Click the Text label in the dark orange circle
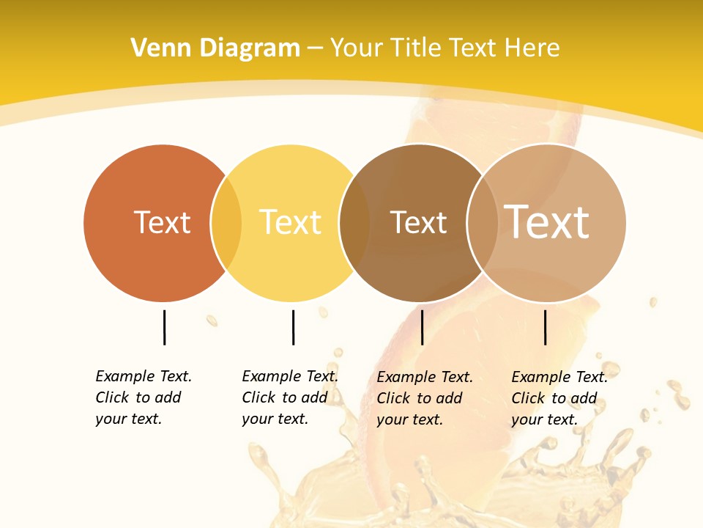pos(162,222)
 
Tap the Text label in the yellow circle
pos(290,222)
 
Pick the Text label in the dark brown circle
pos(418,223)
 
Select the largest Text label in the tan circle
pos(546,221)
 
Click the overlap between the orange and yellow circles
pos(226,223)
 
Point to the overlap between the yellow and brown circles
pos(354,223)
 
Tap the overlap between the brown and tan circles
pos(482,223)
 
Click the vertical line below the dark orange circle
pos(164,327)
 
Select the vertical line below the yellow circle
pos(293,327)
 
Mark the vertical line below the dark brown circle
pos(422,327)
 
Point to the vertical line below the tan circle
pos(545,327)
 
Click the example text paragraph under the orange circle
pos(143,397)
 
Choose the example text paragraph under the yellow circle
pos(289,397)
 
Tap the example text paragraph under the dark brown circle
pos(424,398)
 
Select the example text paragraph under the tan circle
pos(559,398)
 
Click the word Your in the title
pos(356,48)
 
